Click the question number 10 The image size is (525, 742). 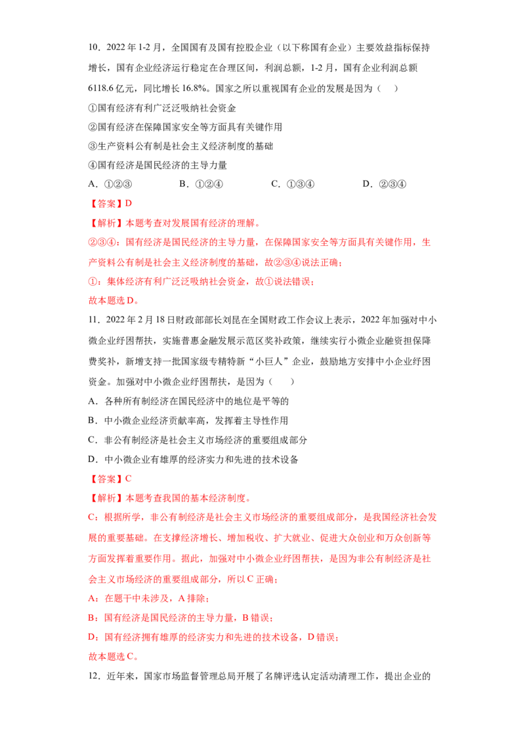[x=94, y=47]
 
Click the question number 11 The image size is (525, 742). [x=94, y=320]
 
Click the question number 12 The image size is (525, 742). [x=94, y=676]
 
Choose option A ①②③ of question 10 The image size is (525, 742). [x=110, y=184]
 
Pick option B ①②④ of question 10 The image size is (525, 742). [x=201, y=184]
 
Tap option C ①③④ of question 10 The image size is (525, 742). [x=293, y=184]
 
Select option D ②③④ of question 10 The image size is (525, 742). [x=385, y=184]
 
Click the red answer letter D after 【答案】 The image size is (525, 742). [x=129, y=203]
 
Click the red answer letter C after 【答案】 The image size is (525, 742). [x=129, y=479]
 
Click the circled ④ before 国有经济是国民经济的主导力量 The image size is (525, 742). [x=93, y=165]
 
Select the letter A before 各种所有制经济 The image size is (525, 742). [x=93, y=401]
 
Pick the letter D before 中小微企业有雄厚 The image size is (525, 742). [x=93, y=459]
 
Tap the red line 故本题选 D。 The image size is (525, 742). [x=114, y=300]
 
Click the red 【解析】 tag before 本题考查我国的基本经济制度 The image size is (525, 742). [x=106, y=498]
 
